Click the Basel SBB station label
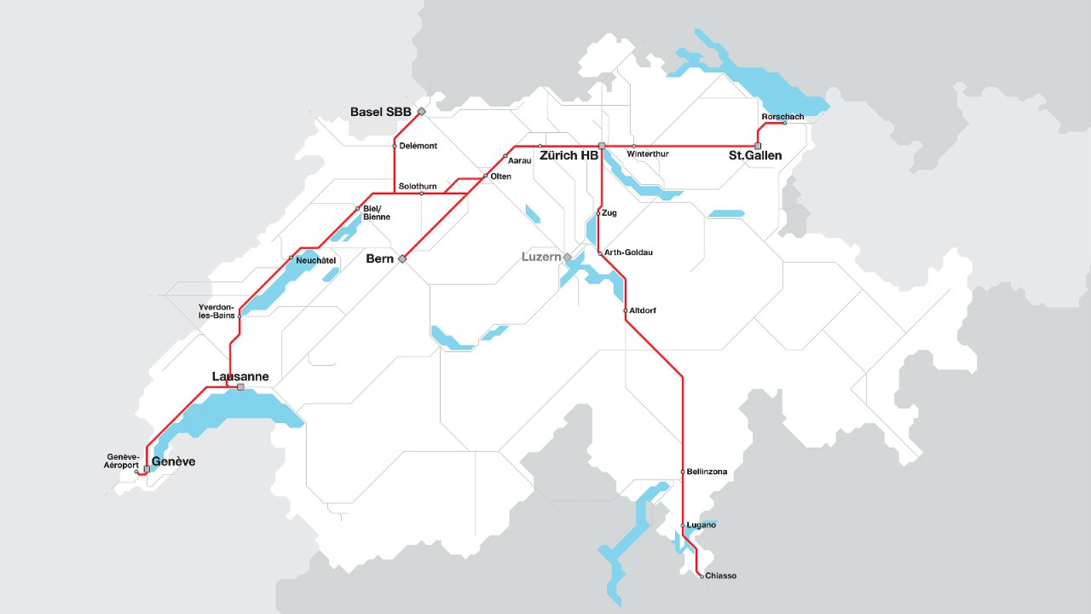coord(380,112)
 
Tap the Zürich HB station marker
coord(602,146)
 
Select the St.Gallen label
coord(754,156)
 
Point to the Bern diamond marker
coord(403,258)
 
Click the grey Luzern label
coord(541,257)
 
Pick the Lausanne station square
coord(240,387)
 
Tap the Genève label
coord(173,461)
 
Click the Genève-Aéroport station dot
coord(136,472)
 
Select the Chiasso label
coord(720,576)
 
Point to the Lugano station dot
coord(683,525)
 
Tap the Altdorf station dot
coord(626,310)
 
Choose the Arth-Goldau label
coord(629,252)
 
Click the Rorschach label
coord(782,117)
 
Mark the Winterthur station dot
coord(633,146)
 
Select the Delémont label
coord(418,146)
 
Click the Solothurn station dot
coord(422,194)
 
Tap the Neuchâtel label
coord(316,259)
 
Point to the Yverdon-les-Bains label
coord(216,310)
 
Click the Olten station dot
coord(485,177)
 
